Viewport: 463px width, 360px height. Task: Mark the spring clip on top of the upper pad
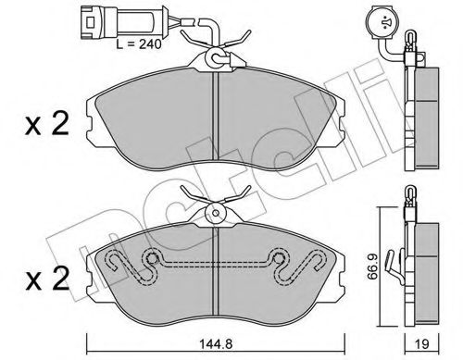click(217, 52)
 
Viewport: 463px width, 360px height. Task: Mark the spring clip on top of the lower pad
click(215, 204)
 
